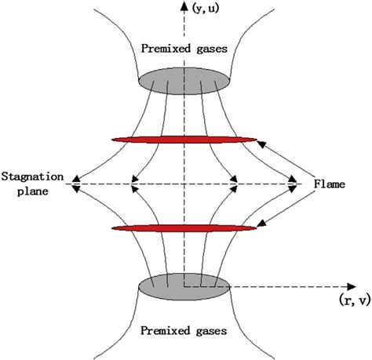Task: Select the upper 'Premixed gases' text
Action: tap(184, 49)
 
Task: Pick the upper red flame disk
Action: tap(184, 140)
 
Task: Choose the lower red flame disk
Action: tap(184, 228)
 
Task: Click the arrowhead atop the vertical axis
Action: tap(184, 6)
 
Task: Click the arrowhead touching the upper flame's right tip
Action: tap(260, 143)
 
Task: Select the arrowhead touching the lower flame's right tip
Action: tap(261, 225)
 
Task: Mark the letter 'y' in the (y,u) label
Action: tap(201, 9)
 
